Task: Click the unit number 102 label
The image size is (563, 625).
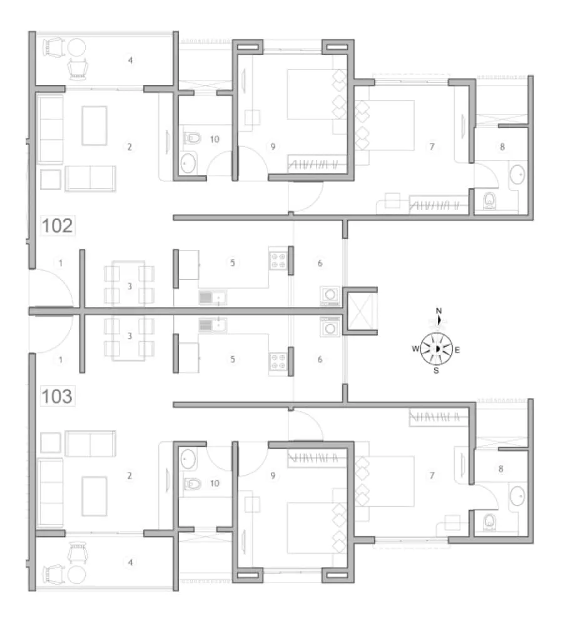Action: [x=58, y=225]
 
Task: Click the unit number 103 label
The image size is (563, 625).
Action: [x=58, y=396]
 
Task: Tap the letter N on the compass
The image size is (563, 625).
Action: [x=439, y=311]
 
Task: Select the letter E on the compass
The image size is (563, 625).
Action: [x=457, y=350]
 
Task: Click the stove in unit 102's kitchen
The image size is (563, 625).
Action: [x=278, y=259]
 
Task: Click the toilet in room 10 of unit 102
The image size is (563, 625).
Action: [x=193, y=138]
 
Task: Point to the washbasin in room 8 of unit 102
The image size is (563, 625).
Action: [x=517, y=174]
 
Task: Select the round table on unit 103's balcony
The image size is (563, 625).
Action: [x=78, y=575]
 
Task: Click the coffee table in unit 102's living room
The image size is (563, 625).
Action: [x=94, y=125]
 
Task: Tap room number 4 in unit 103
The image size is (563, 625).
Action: [x=130, y=562]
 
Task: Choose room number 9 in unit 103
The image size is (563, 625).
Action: [x=273, y=476]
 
